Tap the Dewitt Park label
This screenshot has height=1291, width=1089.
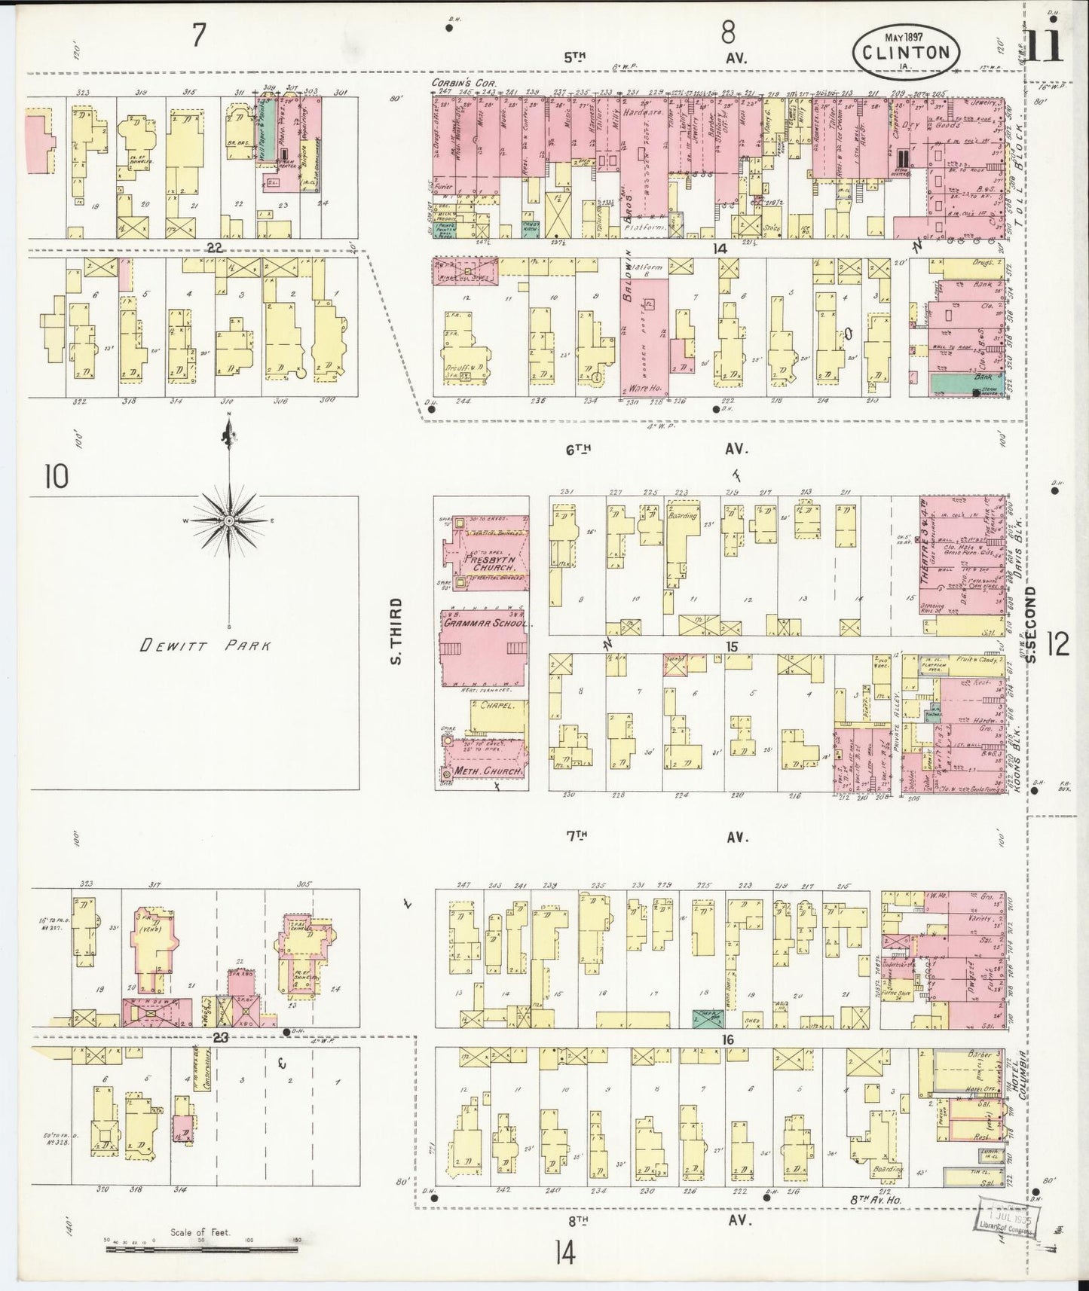[205, 645]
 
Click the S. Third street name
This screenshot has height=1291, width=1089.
[397, 631]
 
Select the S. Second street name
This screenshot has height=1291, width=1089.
[1032, 624]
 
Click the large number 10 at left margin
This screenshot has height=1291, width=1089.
[56, 476]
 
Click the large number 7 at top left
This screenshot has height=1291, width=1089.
[198, 35]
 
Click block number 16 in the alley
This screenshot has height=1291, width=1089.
[728, 1039]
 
